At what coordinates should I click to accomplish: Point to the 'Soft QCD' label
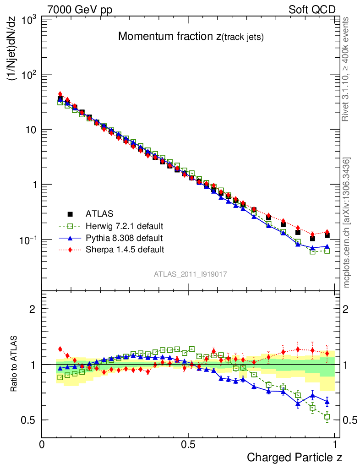312,10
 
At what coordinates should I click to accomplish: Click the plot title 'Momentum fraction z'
191,37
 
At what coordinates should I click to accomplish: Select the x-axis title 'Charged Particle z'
295,457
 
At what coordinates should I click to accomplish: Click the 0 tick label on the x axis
42,444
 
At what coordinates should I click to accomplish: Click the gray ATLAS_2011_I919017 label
190,274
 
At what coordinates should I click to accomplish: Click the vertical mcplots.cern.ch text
347,223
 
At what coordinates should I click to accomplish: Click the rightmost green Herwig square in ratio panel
327,417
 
